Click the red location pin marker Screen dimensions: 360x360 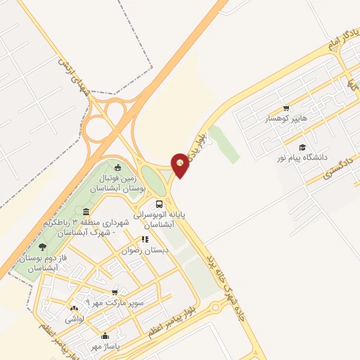point(181,165)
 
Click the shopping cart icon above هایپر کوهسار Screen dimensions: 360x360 point(285,108)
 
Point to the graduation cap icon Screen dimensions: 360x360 point(302,148)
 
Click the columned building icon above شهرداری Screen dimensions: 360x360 point(86,212)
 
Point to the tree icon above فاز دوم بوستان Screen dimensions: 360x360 point(43,247)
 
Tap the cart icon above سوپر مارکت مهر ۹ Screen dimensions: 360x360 point(115,292)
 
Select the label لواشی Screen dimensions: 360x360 point(75,319)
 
